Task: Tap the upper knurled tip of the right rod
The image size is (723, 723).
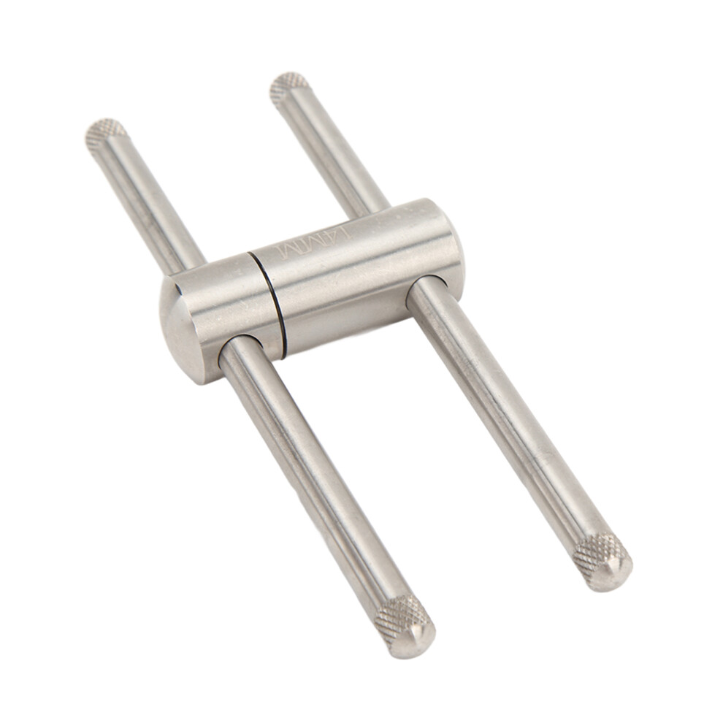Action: [x=289, y=88]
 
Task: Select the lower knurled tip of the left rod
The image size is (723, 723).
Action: [x=403, y=625]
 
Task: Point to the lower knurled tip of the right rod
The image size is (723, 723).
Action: [x=602, y=561]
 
